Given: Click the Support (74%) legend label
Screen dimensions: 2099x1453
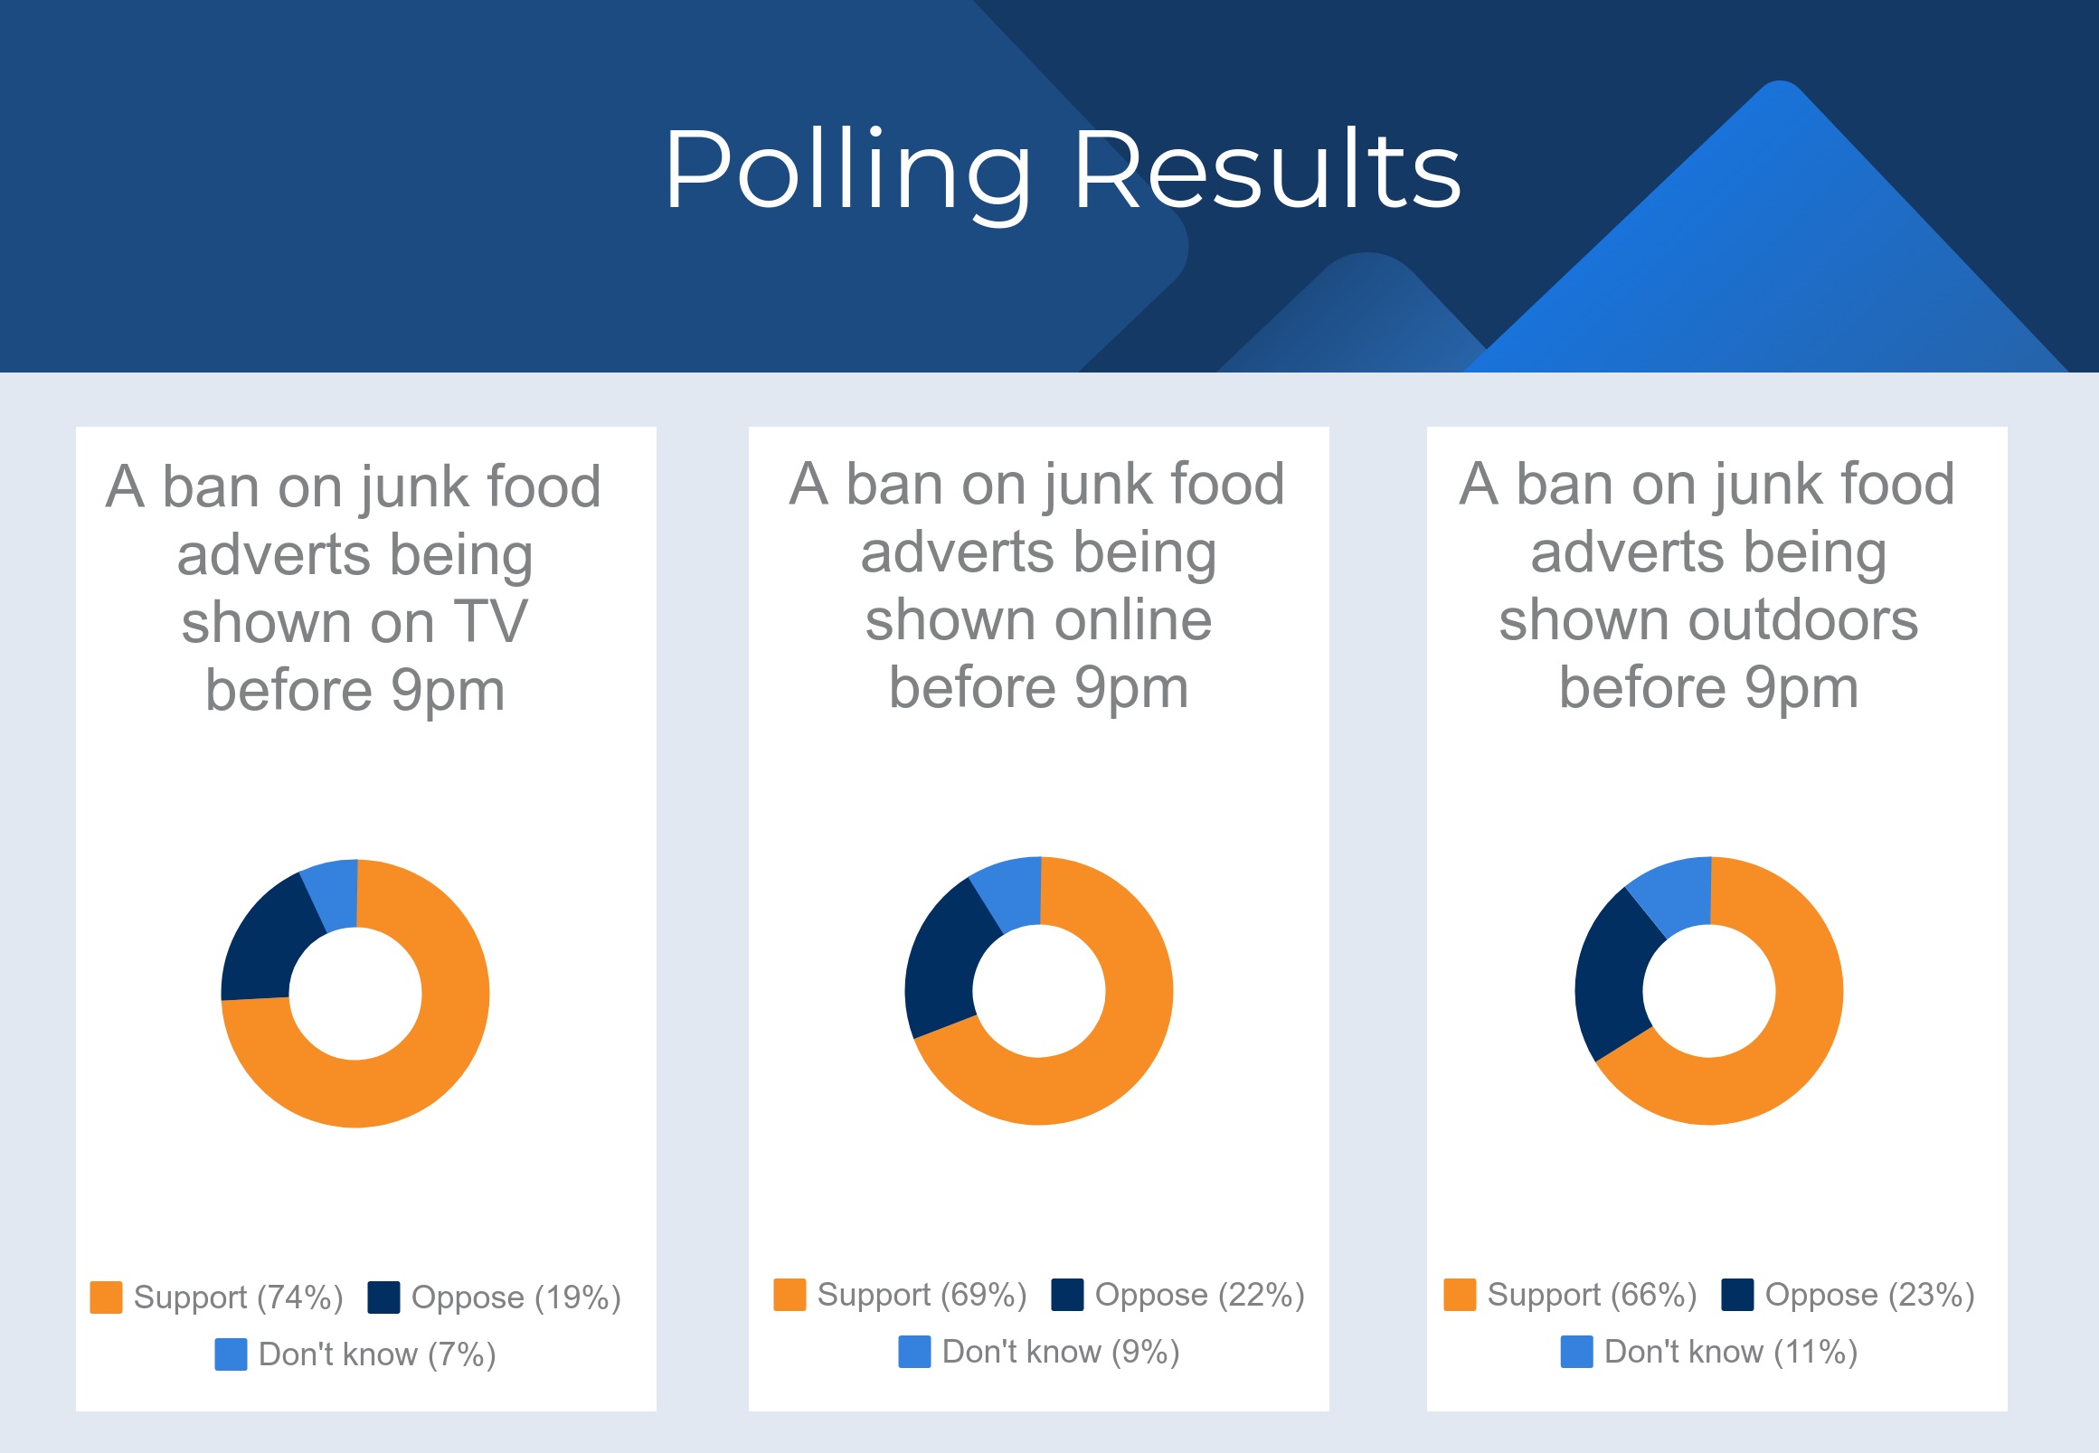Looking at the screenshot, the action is pos(239,1297).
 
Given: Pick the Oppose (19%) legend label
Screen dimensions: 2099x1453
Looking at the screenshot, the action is pos(516,1297).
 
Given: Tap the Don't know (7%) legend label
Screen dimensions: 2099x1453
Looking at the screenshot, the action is pos(377,1354).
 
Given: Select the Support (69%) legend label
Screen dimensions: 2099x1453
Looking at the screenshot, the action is pos(922,1295).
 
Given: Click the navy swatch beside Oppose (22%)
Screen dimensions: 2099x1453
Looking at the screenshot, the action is pos(1067,1295).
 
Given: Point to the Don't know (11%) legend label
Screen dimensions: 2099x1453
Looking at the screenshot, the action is pos(1731,1352).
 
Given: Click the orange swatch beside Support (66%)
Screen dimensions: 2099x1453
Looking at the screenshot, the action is pos(1460,1295).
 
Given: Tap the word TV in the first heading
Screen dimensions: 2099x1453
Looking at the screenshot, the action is pos(491,623).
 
